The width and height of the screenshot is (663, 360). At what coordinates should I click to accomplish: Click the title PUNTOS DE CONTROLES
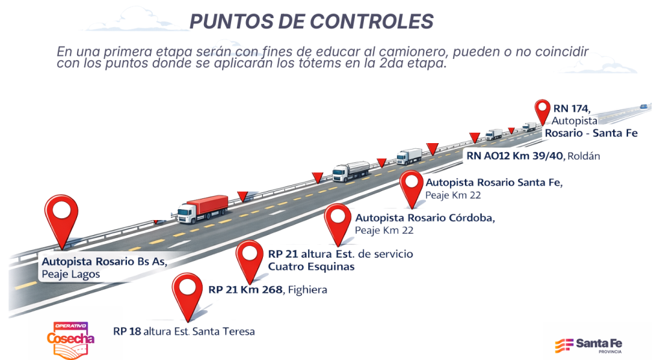(311, 21)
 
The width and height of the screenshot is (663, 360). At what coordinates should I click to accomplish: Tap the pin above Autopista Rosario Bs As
(62, 214)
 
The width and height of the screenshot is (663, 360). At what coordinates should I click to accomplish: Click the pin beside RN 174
(541, 112)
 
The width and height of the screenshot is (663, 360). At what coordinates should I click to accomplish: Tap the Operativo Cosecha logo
(70, 338)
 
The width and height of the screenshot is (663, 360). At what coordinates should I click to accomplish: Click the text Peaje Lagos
(71, 275)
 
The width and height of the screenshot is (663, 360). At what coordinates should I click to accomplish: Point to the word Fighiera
(307, 290)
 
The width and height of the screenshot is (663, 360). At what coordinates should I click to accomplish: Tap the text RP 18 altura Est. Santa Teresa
(184, 332)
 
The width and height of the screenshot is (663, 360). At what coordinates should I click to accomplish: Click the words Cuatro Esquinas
(311, 266)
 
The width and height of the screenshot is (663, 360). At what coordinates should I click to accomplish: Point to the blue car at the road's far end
(644, 106)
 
